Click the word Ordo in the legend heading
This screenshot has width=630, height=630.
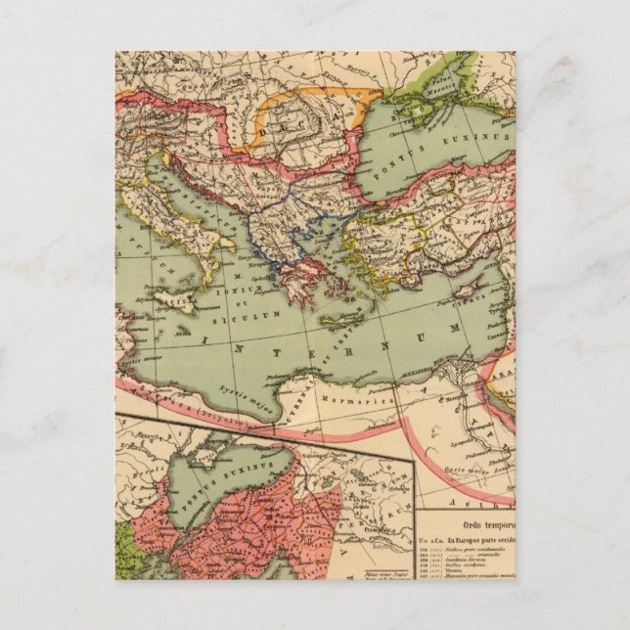point(439,515)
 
